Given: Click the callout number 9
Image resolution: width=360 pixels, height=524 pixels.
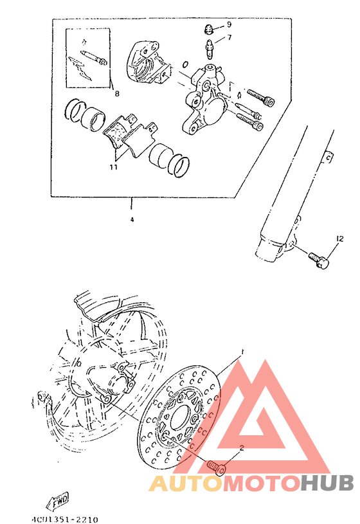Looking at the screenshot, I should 228,24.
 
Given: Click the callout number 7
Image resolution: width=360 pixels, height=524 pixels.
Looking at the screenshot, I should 228,38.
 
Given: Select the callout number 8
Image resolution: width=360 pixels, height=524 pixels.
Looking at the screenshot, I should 116,94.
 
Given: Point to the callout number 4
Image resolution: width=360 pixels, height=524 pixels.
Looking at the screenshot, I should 131,219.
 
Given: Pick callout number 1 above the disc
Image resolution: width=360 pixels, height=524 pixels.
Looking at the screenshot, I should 242,352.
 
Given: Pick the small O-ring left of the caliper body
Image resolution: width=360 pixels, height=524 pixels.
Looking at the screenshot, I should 184,66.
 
